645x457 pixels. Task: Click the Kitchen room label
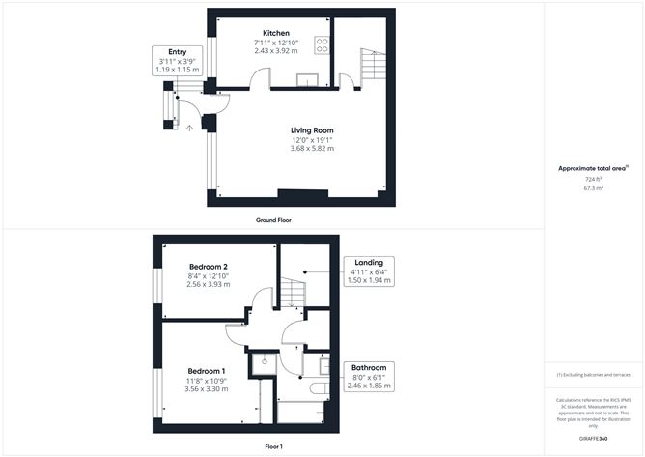(264, 33)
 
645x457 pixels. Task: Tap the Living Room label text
(313, 130)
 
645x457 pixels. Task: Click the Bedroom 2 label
(208, 266)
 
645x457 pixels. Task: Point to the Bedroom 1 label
(207, 371)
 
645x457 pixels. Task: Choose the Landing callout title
(369, 262)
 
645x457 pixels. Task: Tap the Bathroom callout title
(369, 367)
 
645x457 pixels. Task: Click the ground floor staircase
(374, 67)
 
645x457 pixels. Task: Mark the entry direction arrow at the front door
(189, 126)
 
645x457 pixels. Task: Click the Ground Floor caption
(274, 220)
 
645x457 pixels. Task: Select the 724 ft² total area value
(593, 179)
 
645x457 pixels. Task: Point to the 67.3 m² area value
(593, 188)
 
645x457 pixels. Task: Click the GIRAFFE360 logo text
(593, 439)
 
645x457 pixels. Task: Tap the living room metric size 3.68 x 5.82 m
(313, 148)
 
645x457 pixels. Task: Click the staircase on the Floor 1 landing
(294, 288)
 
